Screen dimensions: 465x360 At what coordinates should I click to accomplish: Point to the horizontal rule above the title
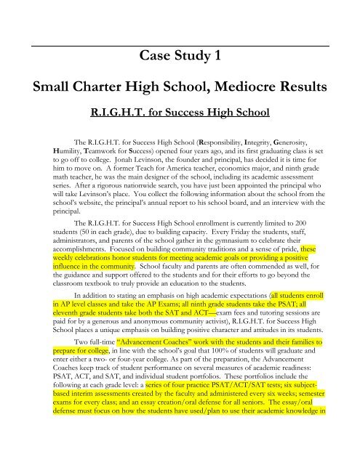pos(180,31)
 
